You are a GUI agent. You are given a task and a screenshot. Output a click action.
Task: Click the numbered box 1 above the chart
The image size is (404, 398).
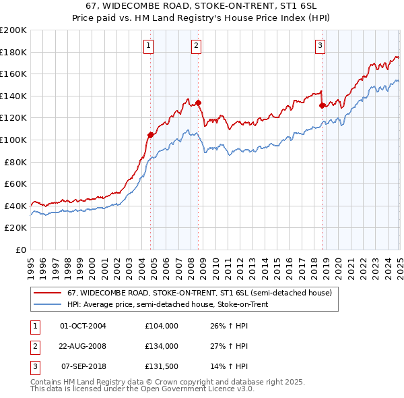click(147, 46)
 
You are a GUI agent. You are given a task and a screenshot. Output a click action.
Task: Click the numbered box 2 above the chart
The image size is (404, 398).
click(195, 46)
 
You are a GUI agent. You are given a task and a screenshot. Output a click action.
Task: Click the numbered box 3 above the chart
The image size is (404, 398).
click(320, 46)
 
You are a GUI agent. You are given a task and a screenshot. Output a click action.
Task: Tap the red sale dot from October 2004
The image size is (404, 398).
click(150, 135)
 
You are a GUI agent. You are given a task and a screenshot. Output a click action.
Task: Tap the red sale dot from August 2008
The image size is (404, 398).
click(199, 103)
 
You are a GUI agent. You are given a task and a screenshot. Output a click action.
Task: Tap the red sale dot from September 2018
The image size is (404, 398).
click(322, 105)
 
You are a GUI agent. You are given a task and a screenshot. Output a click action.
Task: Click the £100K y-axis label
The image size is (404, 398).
click(13, 140)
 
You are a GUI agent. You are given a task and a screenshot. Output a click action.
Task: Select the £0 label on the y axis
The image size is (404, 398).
click(21, 250)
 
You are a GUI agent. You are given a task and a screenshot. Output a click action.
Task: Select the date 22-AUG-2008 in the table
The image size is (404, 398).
click(83, 346)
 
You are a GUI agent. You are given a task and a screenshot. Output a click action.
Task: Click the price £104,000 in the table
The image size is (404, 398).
click(162, 326)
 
